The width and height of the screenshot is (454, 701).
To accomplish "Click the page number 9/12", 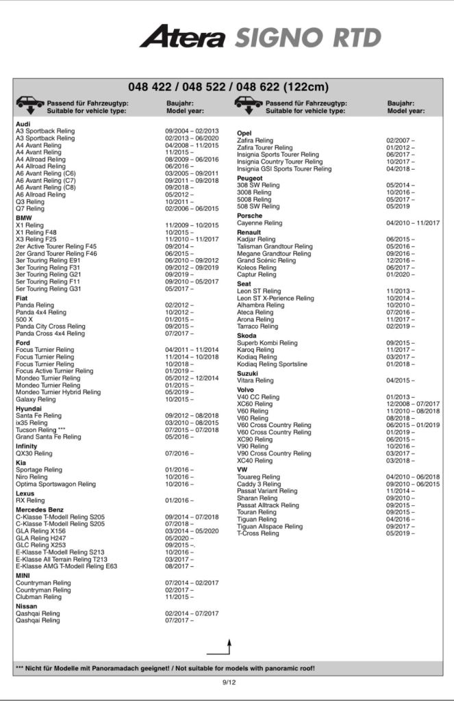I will coord(229,683).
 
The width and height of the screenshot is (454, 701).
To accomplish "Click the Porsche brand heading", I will coord(249,216).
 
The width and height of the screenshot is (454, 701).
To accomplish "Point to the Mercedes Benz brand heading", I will coord(40,509).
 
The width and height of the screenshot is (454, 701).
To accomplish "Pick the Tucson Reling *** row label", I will coord(42,429).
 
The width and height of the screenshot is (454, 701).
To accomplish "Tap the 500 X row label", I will coord(24,320).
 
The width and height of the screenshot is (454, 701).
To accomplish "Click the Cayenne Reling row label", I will coord(260,223).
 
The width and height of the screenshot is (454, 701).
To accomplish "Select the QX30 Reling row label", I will coord(34,453).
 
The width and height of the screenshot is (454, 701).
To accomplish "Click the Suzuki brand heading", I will coord(247,373).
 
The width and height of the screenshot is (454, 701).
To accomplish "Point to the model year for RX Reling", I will coord(179,500).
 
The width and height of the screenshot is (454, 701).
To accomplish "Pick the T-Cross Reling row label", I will coord(258,533).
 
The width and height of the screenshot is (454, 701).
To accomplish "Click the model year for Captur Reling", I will coord(401,275).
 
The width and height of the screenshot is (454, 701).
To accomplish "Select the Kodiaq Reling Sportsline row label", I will coord(272,364).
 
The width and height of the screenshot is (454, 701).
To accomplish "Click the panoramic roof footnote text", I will coord(164,667).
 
